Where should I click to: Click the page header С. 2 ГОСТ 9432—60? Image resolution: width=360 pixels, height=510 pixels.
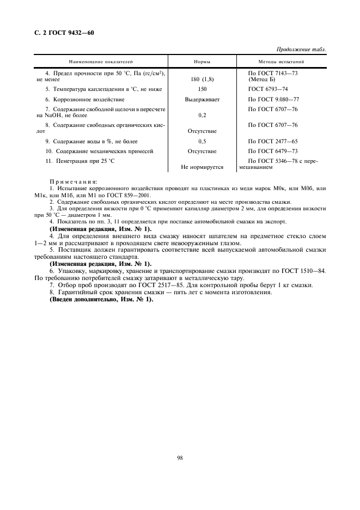click(61, 33)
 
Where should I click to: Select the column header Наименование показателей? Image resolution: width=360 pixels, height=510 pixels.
click(101, 63)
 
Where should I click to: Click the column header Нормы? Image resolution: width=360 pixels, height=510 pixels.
click(202, 63)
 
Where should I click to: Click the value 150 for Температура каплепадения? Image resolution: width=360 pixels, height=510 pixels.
click(202, 89)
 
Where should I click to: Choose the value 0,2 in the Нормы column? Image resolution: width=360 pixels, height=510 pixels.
click(202, 116)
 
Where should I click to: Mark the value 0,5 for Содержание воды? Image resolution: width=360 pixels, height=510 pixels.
click(202, 141)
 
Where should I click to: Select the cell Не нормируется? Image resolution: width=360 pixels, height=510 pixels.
click(202, 167)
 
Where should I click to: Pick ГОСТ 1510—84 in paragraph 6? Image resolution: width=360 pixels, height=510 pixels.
click(303, 270)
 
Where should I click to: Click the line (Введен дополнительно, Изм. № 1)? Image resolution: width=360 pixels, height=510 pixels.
click(102, 299)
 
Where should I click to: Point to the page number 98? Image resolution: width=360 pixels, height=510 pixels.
click(180, 458)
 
